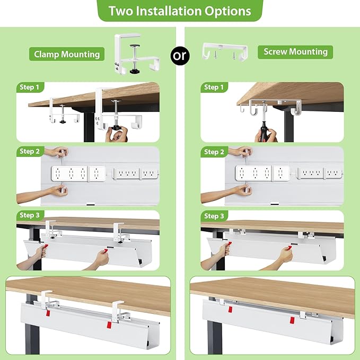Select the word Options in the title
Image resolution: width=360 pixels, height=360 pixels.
click(x=228, y=11)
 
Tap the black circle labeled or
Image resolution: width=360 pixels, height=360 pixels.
click(x=181, y=56)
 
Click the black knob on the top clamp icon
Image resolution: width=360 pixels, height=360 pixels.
click(x=134, y=68)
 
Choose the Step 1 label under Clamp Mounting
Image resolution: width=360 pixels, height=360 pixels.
click(x=30, y=87)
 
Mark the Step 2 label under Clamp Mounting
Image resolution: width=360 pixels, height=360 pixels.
click(x=30, y=152)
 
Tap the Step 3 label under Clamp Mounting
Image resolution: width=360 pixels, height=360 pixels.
click(x=30, y=216)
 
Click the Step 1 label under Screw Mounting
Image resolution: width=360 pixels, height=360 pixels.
click(x=214, y=87)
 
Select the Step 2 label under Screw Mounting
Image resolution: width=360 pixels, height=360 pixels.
click(x=214, y=152)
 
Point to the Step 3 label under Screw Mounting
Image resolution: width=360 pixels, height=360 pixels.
click(x=214, y=216)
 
